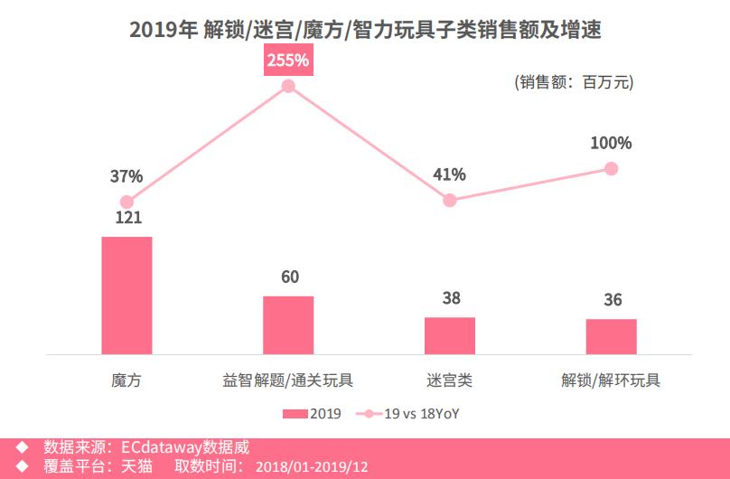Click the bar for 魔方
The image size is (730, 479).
click(126, 295)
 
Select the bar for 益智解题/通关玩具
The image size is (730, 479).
click(288, 324)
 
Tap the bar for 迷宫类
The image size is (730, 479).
click(450, 335)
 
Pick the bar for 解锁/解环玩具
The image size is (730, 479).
click(612, 336)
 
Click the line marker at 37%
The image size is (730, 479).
click(126, 202)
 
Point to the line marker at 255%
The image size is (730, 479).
click(288, 87)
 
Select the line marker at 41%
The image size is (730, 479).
click(450, 200)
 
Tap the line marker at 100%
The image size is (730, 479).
click(612, 168)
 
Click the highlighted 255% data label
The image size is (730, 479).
click(288, 61)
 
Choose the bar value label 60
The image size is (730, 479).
click(290, 277)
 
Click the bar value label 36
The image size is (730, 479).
click(613, 300)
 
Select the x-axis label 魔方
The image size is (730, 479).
click(126, 380)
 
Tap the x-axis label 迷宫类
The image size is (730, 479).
click(450, 380)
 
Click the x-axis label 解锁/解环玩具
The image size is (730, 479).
click(611, 380)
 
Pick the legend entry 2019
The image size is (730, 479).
click(312, 414)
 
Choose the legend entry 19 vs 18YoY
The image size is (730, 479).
click(415, 414)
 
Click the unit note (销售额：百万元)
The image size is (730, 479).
click(575, 82)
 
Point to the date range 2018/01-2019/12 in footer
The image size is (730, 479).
click(313, 467)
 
